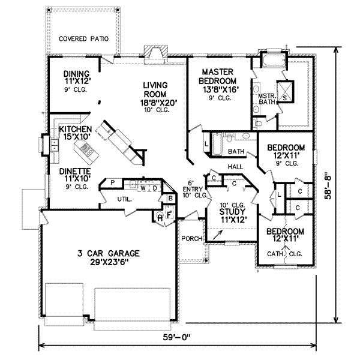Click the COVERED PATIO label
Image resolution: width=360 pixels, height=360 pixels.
[x=83, y=39]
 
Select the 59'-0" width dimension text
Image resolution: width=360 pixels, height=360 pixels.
[x=177, y=337]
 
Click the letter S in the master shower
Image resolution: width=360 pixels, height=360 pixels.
[x=284, y=98]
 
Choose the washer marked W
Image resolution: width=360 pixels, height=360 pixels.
[x=143, y=188]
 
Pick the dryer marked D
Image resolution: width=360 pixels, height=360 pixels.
[x=155, y=188]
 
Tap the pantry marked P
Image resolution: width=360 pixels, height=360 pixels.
[x=113, y=183]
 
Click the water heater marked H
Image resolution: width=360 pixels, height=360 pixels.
[x=160, y=218]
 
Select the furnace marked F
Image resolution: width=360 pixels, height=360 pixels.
[x=169, y=215]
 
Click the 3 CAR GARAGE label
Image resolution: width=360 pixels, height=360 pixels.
[x=109, y=253]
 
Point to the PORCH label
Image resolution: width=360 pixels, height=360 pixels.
[x=192, y=239]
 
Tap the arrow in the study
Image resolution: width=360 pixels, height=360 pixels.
[x=218, y=235]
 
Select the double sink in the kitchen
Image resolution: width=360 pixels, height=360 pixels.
[x=55, y=146]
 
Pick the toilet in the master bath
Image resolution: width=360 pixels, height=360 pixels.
[x=257, y=124]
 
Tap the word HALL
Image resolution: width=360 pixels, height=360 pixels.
[x=235, y=166]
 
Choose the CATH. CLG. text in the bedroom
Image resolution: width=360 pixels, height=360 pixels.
[x=284, y=254]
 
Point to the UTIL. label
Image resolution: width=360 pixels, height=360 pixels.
[x=125, y=200]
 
